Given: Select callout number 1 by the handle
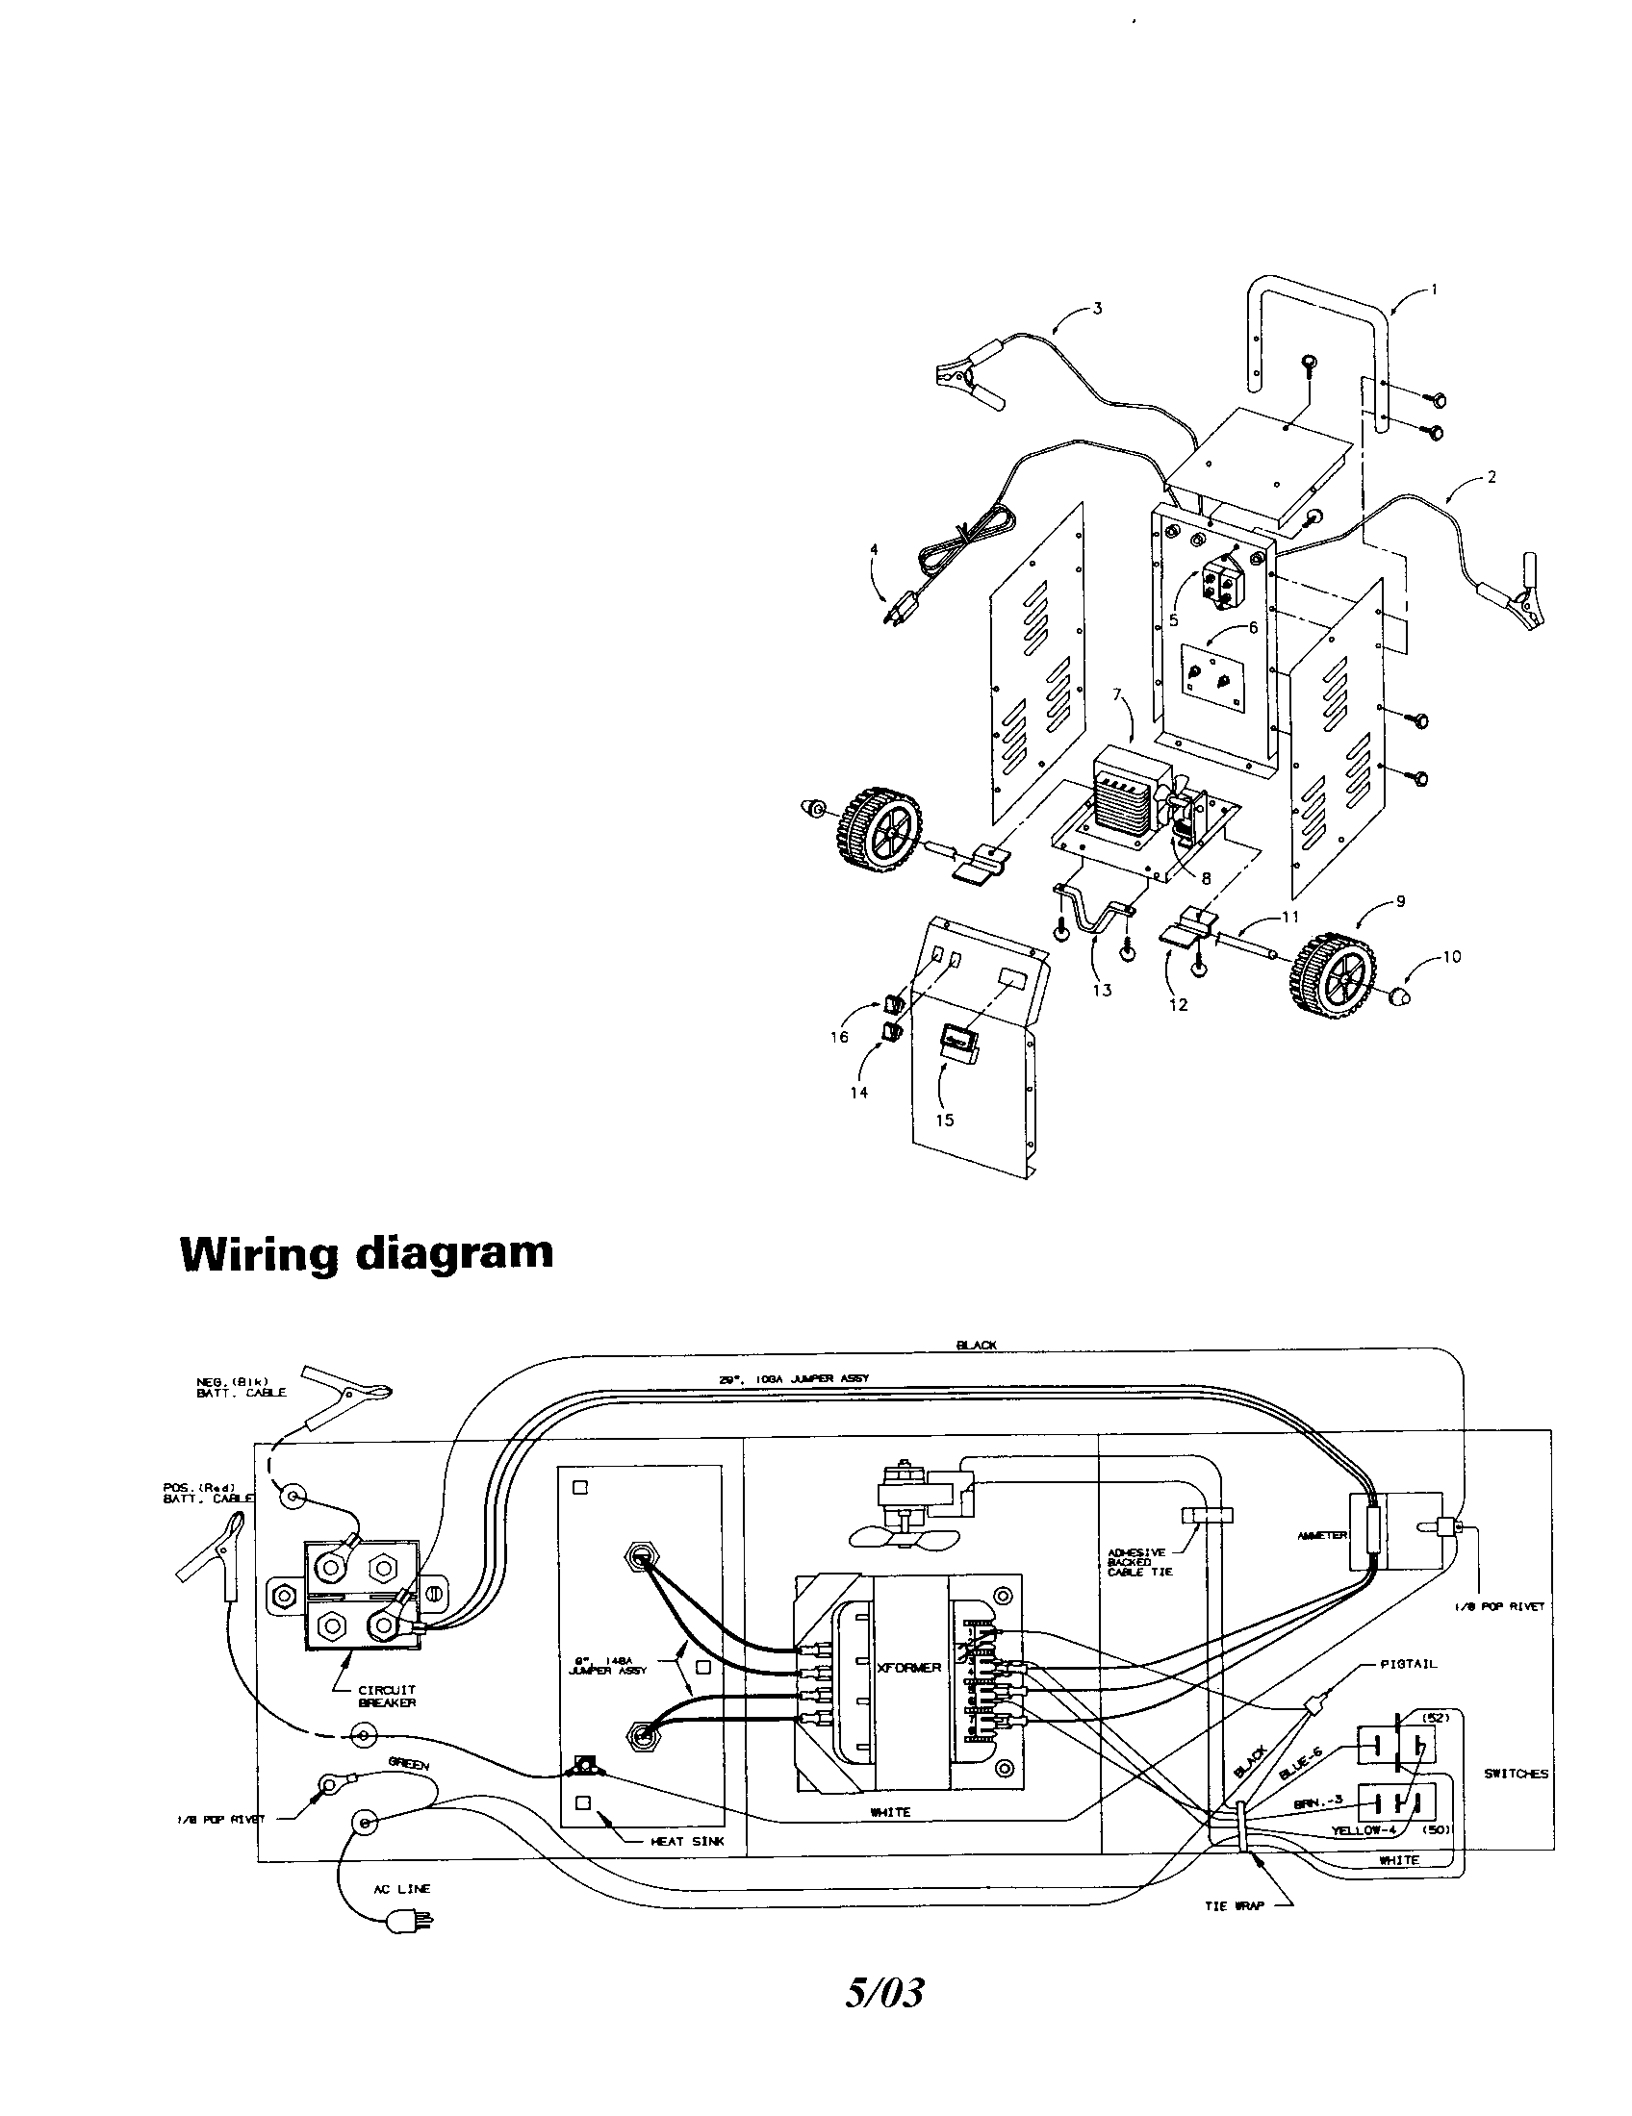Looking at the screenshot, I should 1435,289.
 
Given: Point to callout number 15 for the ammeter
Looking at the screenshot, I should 945,1120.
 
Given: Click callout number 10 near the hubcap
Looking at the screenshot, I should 1451,957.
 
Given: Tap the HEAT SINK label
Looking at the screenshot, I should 687,1842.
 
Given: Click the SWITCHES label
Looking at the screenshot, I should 1516,1774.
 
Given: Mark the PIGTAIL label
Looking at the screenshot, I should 1408,1665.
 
